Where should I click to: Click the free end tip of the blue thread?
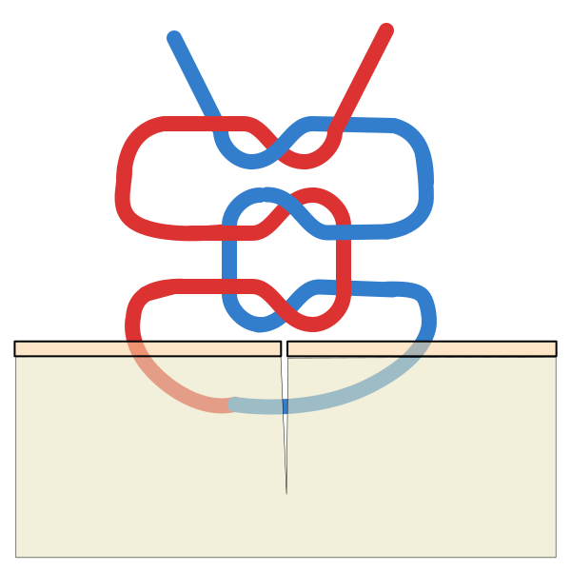[x=174, y=38]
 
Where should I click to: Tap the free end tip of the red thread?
[x=385, y=30]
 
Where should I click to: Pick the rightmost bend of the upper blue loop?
[x=425, y=181]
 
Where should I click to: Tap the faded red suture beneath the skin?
[x=176, y=390]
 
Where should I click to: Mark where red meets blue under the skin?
[x=231, y=404]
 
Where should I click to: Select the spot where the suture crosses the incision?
[x=285, y=406]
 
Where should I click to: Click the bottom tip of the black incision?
[x=286, y=493]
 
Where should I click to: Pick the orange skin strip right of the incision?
[x=476, y=349]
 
